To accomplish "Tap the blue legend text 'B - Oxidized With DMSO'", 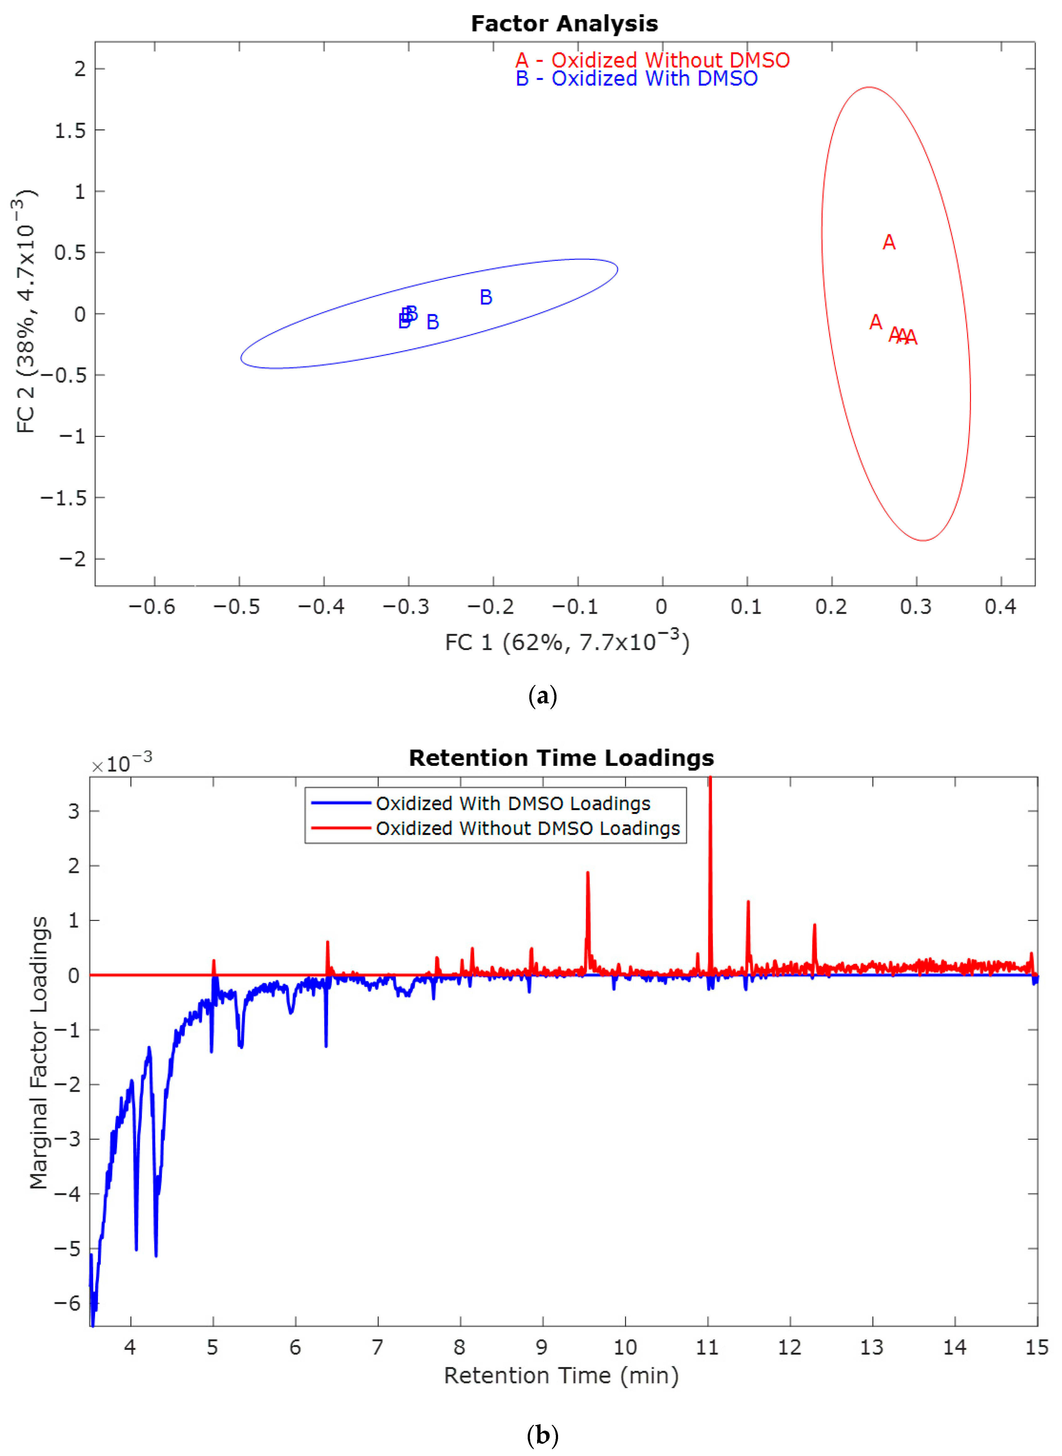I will pos(637,79).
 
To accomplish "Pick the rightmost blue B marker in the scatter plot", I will pos(486,297).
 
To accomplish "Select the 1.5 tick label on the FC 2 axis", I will pos(70,131).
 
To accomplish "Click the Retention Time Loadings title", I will pos(561,758).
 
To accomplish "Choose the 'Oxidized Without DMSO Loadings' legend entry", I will pos(527,828).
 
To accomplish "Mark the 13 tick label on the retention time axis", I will pos(872,1347).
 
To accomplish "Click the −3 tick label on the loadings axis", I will pos(67,1139).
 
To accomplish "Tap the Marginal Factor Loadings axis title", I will pos(38,1052).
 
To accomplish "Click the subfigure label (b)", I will pos(542,1435).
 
